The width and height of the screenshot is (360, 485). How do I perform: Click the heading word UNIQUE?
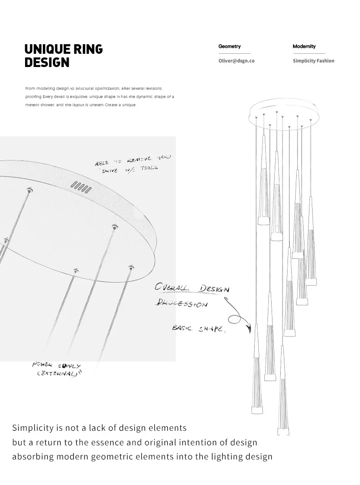click(47, 49)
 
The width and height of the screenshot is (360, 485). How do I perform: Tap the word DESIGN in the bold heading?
click(47, 62)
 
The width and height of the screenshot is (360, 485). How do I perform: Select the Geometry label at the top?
click(229, 46)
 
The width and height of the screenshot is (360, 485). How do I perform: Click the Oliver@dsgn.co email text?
click(236, 61)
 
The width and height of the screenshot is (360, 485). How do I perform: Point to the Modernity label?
click(304, 46)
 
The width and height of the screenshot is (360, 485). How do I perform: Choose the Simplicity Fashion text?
click(313, 61)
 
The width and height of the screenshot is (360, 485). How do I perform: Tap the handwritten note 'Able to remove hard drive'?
click(133, 163)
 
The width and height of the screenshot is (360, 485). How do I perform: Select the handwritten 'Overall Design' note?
click(192, 288)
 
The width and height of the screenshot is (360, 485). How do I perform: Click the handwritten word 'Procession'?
click(181, 303)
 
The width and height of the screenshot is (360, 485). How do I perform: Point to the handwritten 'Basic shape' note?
click(198, 328)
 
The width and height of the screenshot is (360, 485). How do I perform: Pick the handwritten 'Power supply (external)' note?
click(57, 369)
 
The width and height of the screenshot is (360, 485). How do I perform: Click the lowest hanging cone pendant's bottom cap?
click(283, 430)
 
